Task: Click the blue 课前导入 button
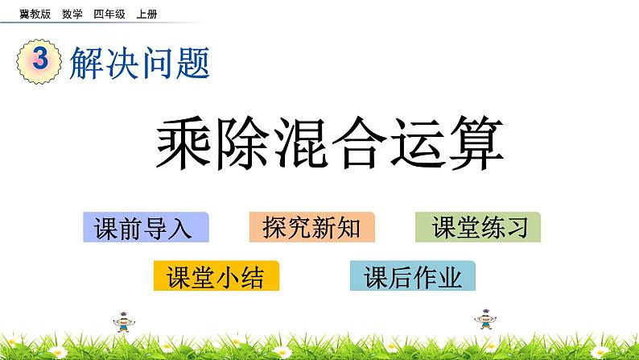[x=146, y=228]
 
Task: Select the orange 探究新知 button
[x=312, y=228]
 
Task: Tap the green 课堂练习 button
[x=478, y=228]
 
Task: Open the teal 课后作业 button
[x=413, y=276]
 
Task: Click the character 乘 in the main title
[x=186, y=145]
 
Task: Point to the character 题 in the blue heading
[x=192, y=63]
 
